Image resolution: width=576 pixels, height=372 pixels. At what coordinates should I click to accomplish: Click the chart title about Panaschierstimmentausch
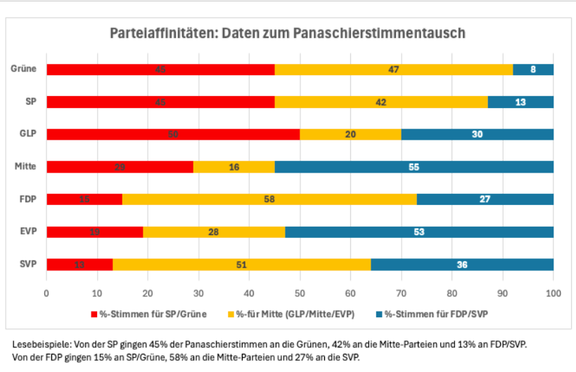(288, 34)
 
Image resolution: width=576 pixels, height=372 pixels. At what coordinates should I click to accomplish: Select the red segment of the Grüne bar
(160, 69)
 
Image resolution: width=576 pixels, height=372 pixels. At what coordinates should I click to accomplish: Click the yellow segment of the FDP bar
(269, 199)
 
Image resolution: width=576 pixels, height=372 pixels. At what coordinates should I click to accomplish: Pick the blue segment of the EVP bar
(419, 232)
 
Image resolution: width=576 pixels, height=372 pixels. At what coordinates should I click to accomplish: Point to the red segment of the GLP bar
(173, 134)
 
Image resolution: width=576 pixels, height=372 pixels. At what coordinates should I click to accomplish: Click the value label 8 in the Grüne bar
(533, 69)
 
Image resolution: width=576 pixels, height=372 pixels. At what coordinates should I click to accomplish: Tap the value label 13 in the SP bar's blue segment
(520, 102)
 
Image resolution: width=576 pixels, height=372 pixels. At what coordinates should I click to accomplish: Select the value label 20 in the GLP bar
(350, 134)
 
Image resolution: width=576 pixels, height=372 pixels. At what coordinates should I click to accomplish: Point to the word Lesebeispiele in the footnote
(38, 345)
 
